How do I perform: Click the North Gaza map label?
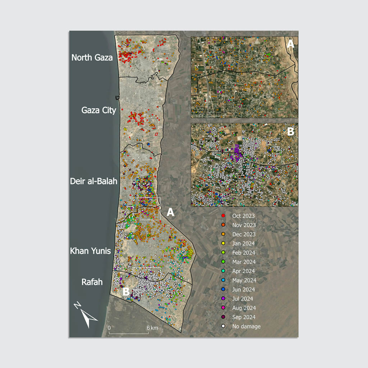92,57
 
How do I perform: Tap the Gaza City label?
99,110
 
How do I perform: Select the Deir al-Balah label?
94,181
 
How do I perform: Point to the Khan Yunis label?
90,251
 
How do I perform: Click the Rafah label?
92,282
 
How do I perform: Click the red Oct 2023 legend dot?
223,216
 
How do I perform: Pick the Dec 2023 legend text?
244,234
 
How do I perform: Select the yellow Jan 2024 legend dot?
223,244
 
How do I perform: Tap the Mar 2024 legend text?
244,262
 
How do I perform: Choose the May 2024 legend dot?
223,280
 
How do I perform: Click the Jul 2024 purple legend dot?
223,299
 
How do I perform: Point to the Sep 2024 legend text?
244,317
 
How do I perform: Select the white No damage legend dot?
223,326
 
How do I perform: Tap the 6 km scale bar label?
152,328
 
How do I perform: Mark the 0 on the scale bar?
109,328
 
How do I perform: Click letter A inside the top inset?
290,44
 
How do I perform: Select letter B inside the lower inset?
290,132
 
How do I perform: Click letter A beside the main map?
170,212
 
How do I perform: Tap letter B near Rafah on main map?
126,291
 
